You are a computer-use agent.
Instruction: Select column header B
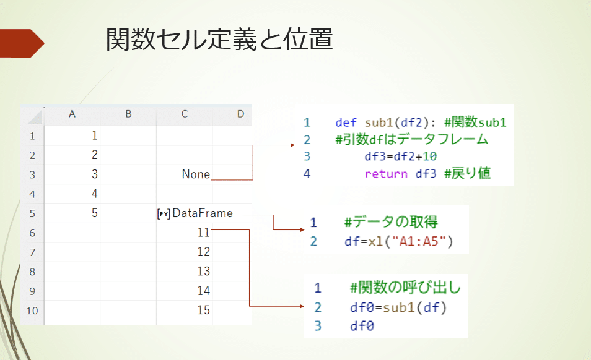pos(128,114)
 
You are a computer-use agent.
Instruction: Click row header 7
pos(33,252)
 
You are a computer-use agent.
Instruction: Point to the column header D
pos(240,114)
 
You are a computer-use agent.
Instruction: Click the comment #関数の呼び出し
pos(405,288)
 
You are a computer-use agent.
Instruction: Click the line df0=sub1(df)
pos(398,307)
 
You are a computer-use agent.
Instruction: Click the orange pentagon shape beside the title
pos(21,43)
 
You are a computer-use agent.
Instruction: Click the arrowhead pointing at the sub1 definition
pos(293,145)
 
